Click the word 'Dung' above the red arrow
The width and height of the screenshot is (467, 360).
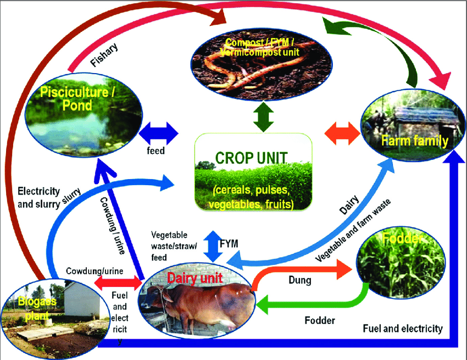(x=300, y=280)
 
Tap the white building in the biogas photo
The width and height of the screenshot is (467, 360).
(x=80, y=300)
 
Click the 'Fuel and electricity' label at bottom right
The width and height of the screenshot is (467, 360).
(x=403, y=329)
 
